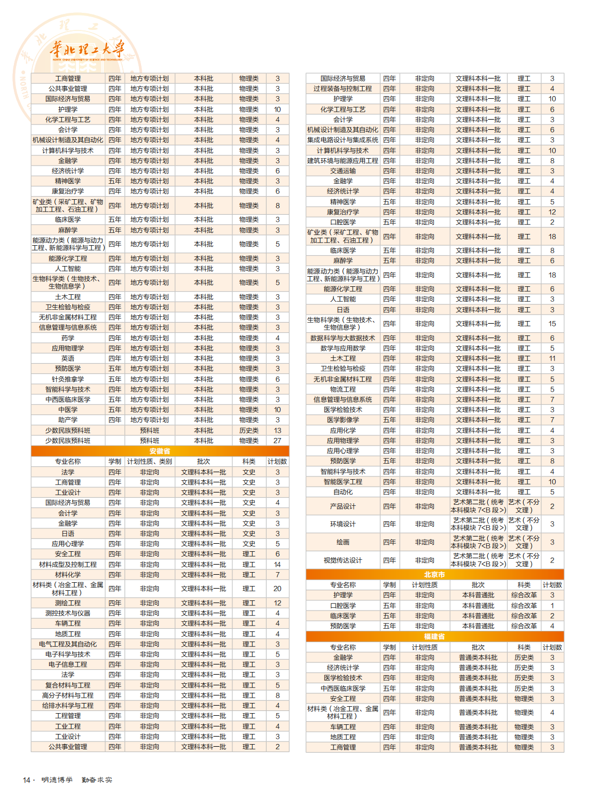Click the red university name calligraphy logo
[87, 50]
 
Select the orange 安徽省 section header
[160, 451]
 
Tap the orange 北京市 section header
[434, 574]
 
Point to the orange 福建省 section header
[434, 636]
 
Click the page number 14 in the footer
[26, 780]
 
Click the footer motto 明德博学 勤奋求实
[77, 780]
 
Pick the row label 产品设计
[342, 506]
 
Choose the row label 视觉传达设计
[342, 560]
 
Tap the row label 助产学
[68, 420]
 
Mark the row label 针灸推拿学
[68, 379]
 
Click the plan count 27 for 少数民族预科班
[277, 441]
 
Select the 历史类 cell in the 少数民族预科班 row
[248, 431]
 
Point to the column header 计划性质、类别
[150, 462]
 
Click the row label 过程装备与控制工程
[342, 89]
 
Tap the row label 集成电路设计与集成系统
[342, 140]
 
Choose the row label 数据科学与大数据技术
[342, 338]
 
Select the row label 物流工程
[342, 389]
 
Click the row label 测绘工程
[68, 603]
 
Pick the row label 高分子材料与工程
[68, 695]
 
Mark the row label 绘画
[342, 542]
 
